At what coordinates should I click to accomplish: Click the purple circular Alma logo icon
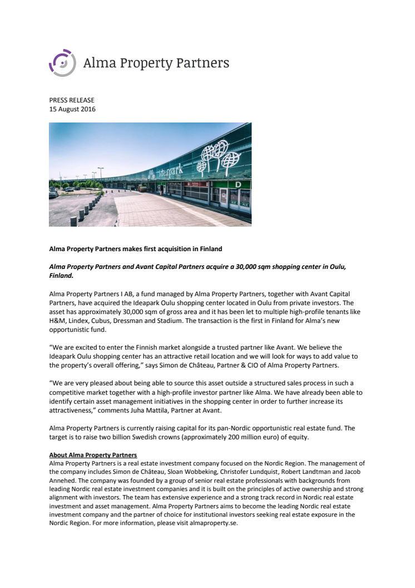[61, 62]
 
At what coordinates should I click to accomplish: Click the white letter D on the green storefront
[238, 184]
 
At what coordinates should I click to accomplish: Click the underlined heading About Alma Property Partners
[93, 455]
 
